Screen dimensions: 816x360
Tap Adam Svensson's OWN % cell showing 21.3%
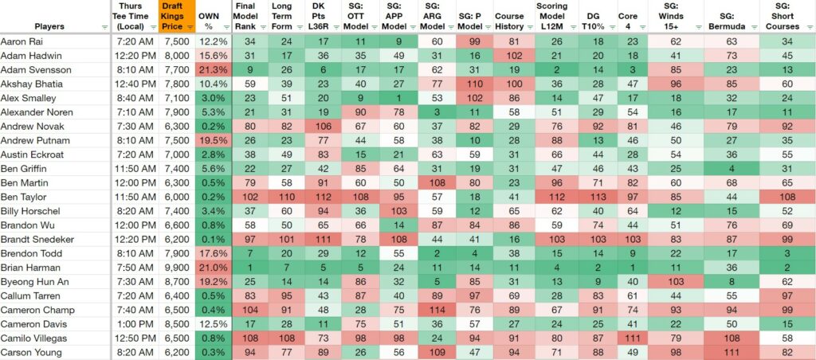click(214, 70)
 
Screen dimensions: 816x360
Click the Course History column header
click(509, 22)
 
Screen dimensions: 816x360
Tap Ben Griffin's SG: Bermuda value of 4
click(732, 169)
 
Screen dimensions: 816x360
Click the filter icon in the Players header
click(105, 27)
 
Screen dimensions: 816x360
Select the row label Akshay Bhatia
click(28, 84)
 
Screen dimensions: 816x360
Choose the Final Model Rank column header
click(245, 16)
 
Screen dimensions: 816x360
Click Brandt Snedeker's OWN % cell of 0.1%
click(214, 239)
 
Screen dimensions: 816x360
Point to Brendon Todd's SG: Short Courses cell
click(787, 253)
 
